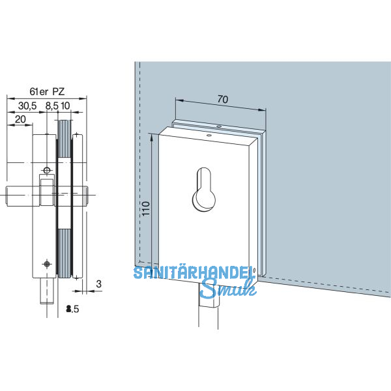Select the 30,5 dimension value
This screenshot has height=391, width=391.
pyautogui.click(x=27, y=105)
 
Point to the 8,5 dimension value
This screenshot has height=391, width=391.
pyautogui.click(x=51, y=105)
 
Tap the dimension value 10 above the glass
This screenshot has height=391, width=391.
pyautogui.click(x=66, y=105)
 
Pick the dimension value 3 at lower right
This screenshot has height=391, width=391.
pyautogui.click(x=97, y=285)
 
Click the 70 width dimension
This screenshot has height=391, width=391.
pyautogui.click(x=223, y=100)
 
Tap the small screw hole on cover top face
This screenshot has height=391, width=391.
pyautogui.click(x=209, y=135)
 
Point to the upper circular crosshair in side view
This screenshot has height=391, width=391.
pyautogui.click(x=46, y=171)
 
